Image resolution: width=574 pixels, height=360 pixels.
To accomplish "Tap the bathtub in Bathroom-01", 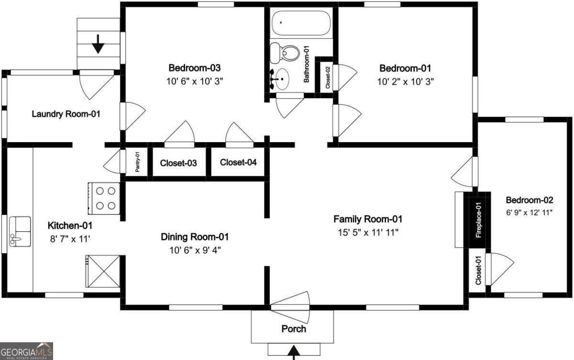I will [x=300, y=22].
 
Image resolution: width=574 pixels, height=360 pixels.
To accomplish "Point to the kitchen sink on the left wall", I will [x=19, y=231].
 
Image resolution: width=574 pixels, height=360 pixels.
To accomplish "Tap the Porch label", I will [x=293, y=329].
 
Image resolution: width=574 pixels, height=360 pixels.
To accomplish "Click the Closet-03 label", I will [x=178, y=163].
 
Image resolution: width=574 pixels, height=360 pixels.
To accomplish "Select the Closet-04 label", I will [x=238, y=162].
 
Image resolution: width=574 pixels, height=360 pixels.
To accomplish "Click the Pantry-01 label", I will [x=137, y=163].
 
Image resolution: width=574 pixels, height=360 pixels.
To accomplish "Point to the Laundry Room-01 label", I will [x=66, y=114].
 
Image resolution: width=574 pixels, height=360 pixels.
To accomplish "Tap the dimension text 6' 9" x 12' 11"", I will [x=529, y=212].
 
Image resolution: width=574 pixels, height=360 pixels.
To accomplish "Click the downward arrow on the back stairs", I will [x=98, y=44].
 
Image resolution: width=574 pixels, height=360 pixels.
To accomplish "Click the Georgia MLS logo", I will [x=26, y=351].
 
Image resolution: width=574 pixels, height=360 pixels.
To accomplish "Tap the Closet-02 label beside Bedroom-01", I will [x=328, y=78].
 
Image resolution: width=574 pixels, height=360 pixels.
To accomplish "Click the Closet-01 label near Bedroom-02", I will [x=478, y=270].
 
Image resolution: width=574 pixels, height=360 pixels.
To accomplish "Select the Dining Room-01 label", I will [x=195, y=237].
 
